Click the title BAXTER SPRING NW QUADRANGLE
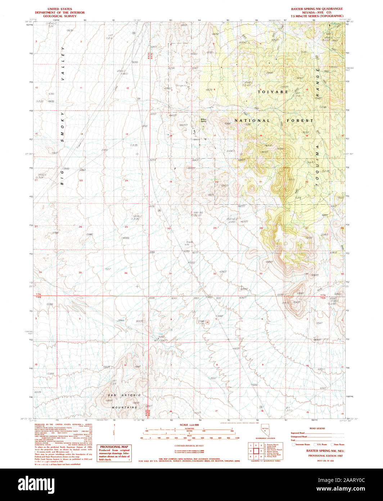click(x=317, y=9)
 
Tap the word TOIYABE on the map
click(x=273, y=92)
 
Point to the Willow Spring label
click(x=204, y=120)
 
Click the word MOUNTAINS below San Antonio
click(x=124, y=407)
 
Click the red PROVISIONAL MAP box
click(x=114, y=453)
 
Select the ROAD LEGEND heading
click(x=317, y=429)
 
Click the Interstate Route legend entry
click(x=301, y=445)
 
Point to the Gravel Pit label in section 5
click(x=200, y=322)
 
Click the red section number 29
click(x=215, y=228)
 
